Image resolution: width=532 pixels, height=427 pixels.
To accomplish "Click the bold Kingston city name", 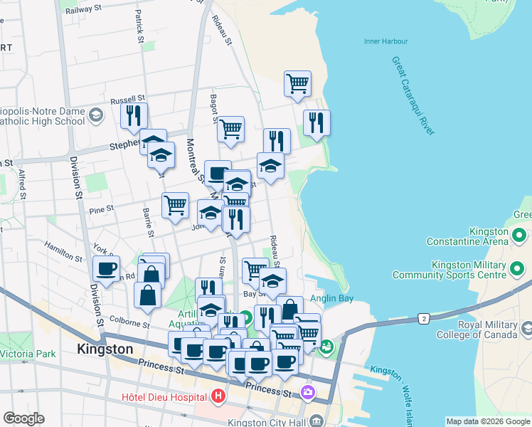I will [x=105, y=349].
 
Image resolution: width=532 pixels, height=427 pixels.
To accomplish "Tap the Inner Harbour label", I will [x=385, y=41].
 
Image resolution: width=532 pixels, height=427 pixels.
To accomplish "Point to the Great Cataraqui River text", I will [x=413, y=95].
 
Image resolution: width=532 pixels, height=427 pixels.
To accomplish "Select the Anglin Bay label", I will [x=328, y=299].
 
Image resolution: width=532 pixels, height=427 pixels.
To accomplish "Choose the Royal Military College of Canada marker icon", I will [x=526, y=329].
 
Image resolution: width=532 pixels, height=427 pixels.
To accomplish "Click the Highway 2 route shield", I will [x=425, y=317].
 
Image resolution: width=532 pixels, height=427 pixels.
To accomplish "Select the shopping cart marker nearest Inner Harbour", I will [x=297, y=83].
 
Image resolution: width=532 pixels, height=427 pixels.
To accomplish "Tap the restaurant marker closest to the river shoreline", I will [x=316, y=122].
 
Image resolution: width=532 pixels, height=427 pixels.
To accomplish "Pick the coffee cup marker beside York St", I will [x=107, y=269].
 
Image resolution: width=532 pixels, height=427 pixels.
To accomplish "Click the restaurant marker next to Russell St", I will [x=134, y=116].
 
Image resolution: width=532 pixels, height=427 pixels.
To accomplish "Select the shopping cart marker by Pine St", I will [x=175, y=205].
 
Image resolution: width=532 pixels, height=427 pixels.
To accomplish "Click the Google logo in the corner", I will [x=23, y=418].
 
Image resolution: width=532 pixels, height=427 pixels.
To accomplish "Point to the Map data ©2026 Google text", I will [x=487, y=421].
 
